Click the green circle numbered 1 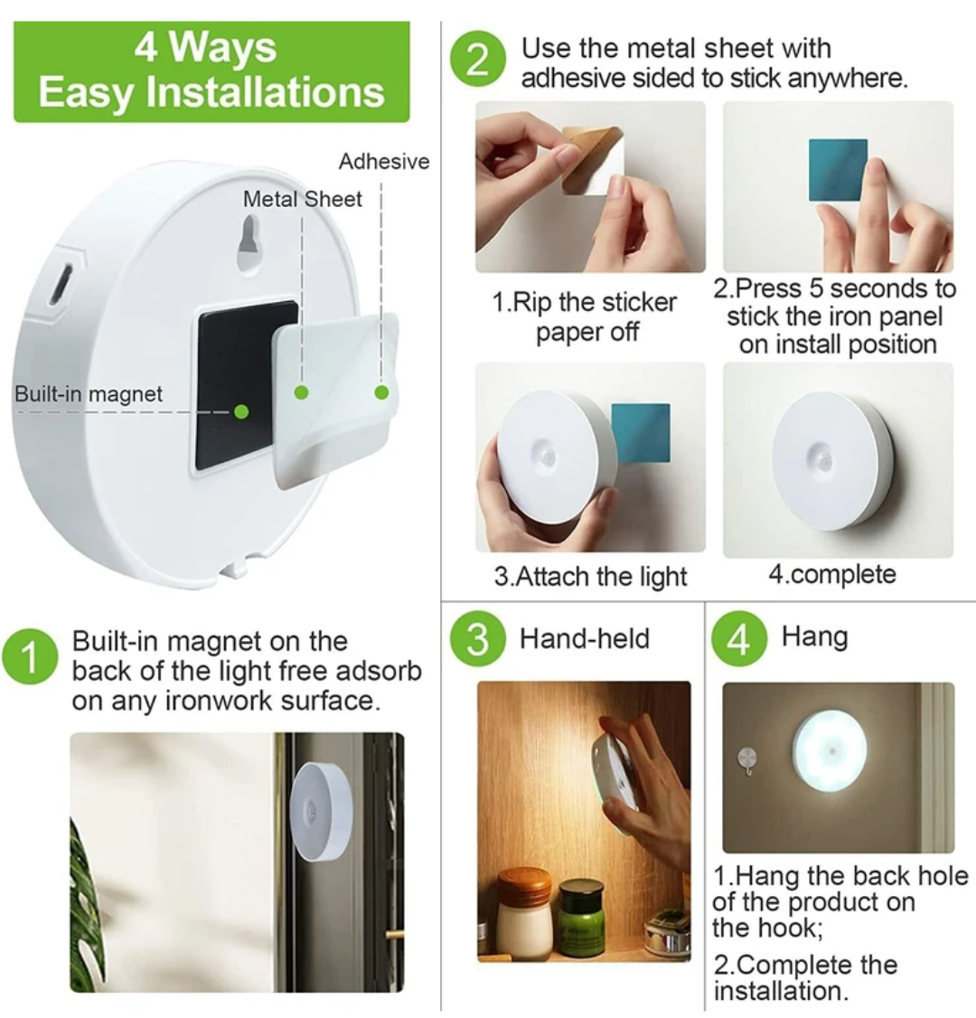tap(30, 658)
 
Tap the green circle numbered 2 tap(477, 60)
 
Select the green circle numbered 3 tap(476, 639)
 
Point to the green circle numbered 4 tap(739, 639)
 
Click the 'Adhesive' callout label tap(383, 162)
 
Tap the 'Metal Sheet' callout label tap(302, 199)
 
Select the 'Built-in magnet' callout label tap(89, 394)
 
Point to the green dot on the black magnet tap(241, 411)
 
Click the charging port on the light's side tap(60, 285)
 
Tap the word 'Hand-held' tap(584, 639)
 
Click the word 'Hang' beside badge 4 tap(814, 636)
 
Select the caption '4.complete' tap(832, 575)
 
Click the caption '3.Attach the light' tap(590, 577)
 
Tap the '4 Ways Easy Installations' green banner tap(211, 71)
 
